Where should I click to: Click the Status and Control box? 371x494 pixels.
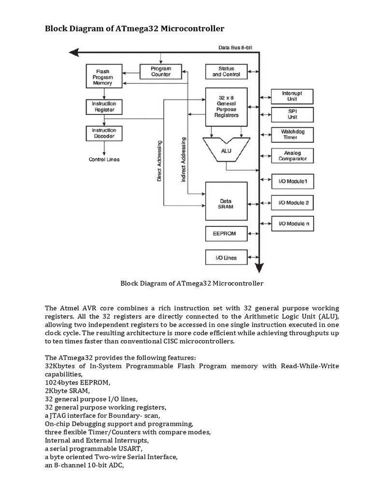[226, 71]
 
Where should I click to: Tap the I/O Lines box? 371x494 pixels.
[226, 258]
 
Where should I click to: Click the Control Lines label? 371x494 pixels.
[104, 159]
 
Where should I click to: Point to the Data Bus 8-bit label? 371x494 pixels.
[236, 47]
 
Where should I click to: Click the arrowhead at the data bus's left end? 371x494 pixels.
[72, 53]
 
